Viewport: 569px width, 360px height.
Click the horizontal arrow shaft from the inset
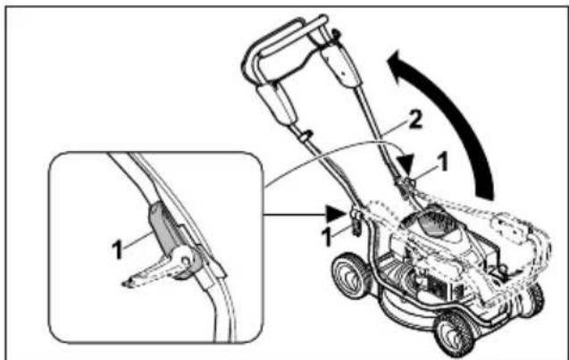tap(295, 213)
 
